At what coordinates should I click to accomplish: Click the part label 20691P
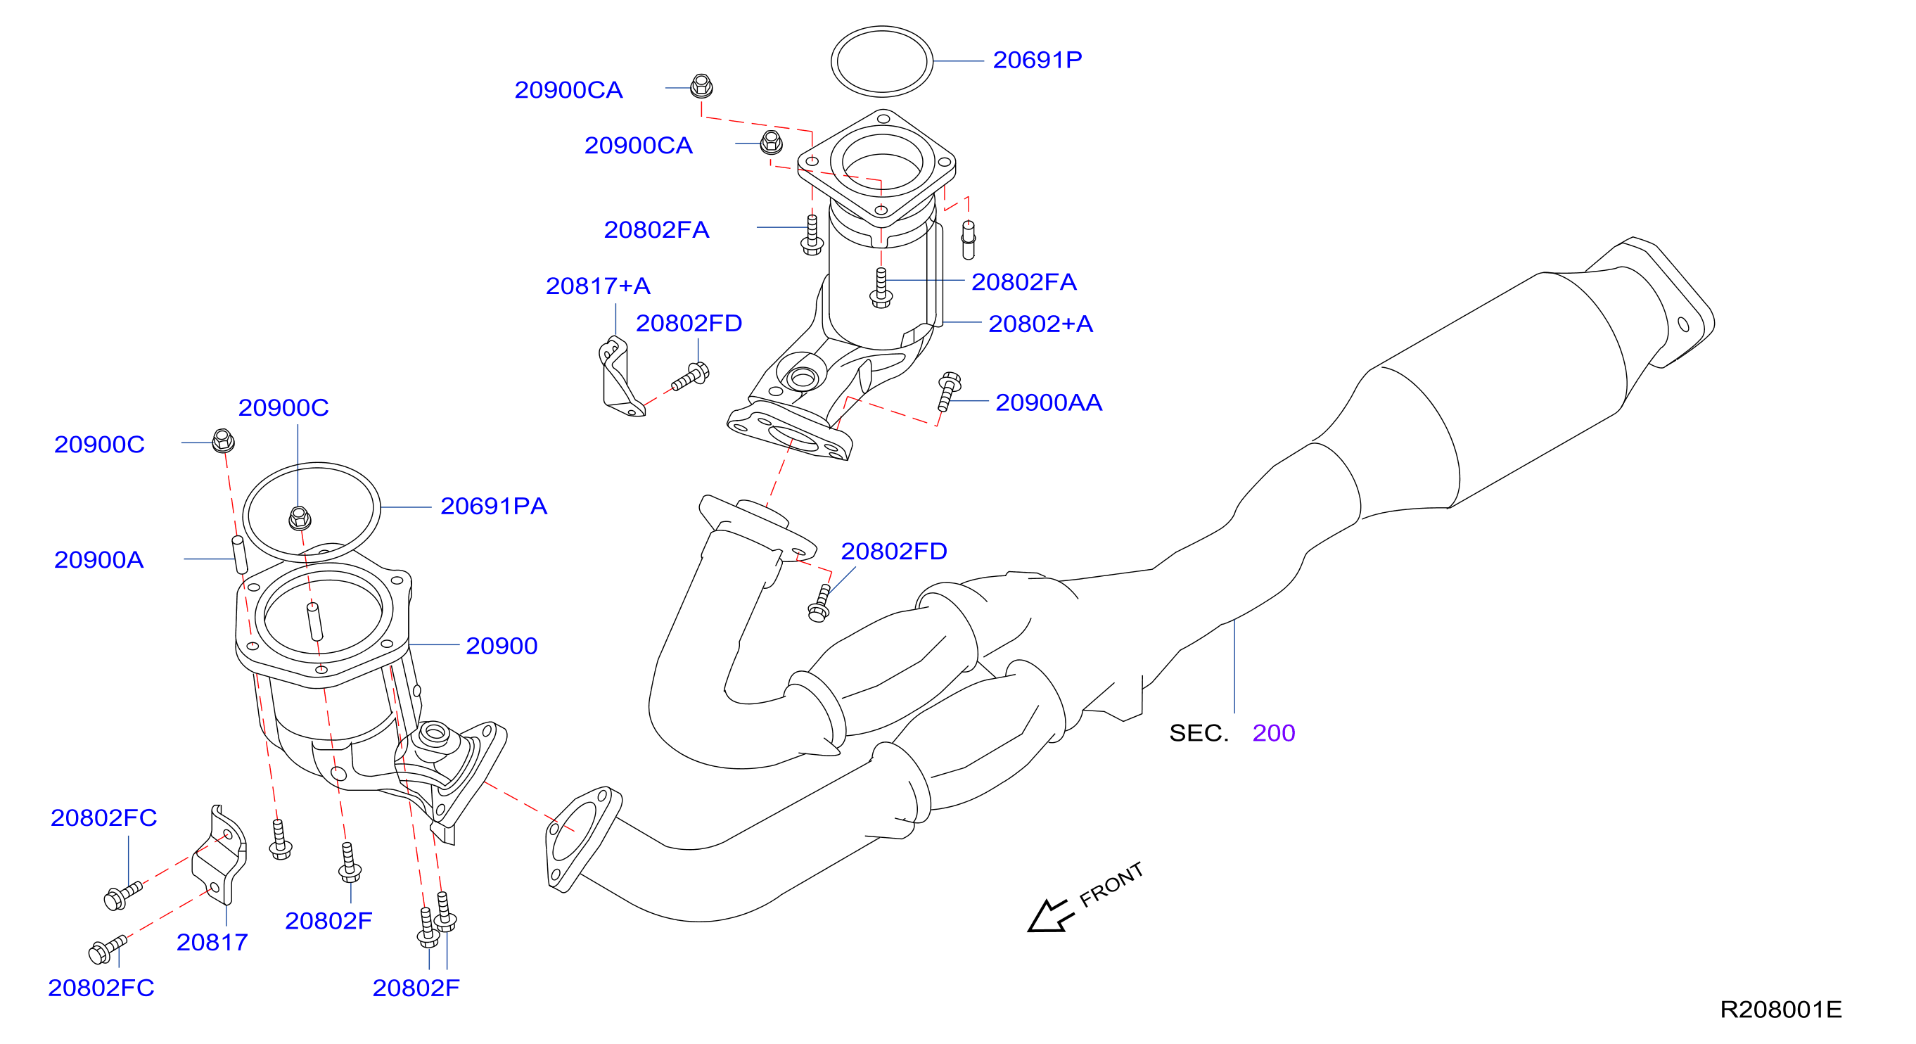1037,60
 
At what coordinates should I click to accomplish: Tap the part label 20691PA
493,506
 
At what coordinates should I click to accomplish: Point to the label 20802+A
1040,324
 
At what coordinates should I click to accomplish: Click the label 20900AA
1049,402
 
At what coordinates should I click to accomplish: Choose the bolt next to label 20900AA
948,391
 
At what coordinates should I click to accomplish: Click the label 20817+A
598,286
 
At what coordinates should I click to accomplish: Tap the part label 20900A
99,559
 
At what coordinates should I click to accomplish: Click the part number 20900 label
502,646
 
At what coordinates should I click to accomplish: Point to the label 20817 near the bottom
212,943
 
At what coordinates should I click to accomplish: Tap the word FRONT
1111,885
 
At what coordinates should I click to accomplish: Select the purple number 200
1273,733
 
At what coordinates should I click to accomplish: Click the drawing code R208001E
1781,1010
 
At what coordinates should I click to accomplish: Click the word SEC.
1199,733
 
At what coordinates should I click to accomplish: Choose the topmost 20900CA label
568,90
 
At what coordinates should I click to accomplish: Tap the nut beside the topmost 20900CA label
701,87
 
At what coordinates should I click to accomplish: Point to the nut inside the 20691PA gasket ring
300,518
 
